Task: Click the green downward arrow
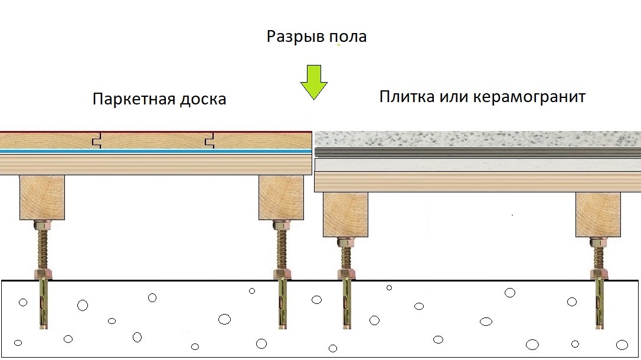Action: click(x=314, y=81)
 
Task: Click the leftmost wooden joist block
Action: click(x=42, y=197)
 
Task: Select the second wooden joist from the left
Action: click(x=282, y=197)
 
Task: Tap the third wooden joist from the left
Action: click(x=345, y=215)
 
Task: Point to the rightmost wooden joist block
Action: click(x=598, y=215)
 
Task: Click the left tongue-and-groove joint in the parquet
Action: click(x=97, y=140)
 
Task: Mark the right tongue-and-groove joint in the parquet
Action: click(x=210, y=140)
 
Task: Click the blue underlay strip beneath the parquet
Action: click(x=156, y=151)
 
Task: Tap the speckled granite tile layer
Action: click(x=478, y=139)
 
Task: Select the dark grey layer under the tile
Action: click(x=478, y=153)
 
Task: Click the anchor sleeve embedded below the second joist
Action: click(x=282, y=305)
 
